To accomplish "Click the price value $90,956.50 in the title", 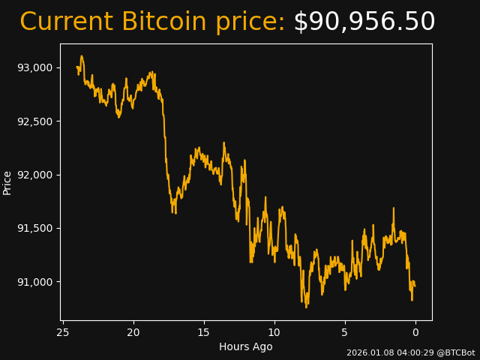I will (364, 22).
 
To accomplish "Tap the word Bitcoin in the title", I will (163, 22).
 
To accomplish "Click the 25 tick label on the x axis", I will (63, 332).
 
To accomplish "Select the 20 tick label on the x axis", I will (133, 332).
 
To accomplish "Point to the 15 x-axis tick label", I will (204, 332).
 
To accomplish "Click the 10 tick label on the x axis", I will (274, 332).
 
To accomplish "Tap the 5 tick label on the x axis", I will (345, 332).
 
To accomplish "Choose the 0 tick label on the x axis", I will (415, 332).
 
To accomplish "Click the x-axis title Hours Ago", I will (246, 346).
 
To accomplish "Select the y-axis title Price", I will (7, 182).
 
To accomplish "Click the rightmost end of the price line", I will (415, 286).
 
